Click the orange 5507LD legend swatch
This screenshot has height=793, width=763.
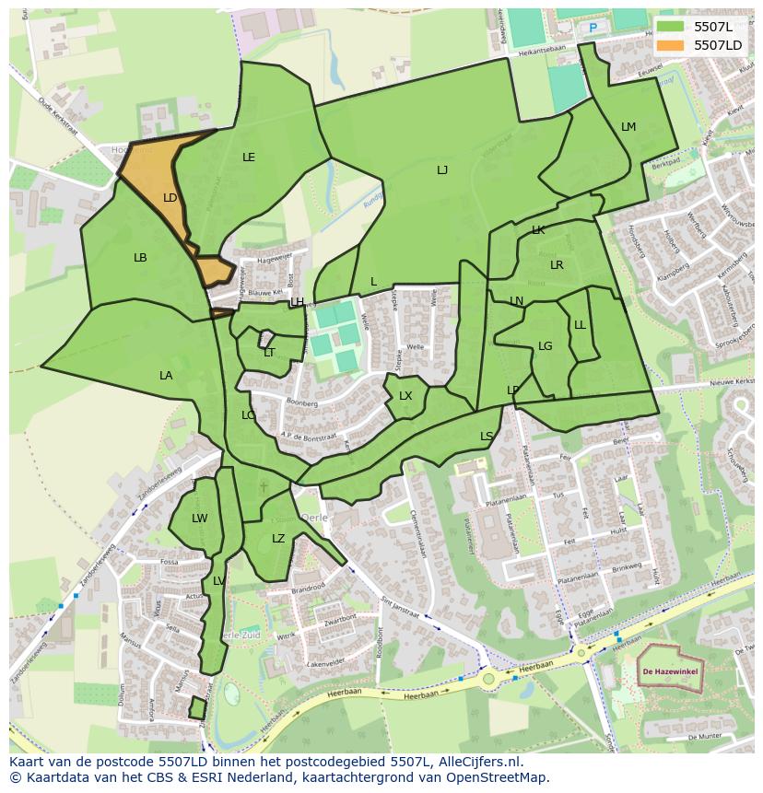pos(670,45)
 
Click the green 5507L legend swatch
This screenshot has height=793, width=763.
pos(670,27)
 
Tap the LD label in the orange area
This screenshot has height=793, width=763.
pos(170,198)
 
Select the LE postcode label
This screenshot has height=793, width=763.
pos(248,157)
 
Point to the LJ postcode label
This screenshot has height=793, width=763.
pos(442,170)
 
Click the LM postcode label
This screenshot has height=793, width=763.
pos(628,127)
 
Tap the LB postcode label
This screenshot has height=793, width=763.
pos(140,258)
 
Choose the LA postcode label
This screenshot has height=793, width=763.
pos(166,376)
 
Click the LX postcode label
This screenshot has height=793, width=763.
pos(405,396)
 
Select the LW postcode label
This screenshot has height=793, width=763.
pos(199,519)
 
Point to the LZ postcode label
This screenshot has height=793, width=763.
pos(278,539)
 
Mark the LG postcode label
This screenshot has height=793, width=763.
pos(545,346)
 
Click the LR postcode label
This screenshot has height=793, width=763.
pos(557,265)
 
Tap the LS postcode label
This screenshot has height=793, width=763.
pos(487,437)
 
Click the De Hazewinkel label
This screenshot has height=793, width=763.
pos(670,672)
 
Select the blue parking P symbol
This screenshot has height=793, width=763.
pos(593,28)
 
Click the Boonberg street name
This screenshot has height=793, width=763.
pos(301,403)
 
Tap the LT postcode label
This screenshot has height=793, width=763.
pos(269,353)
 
